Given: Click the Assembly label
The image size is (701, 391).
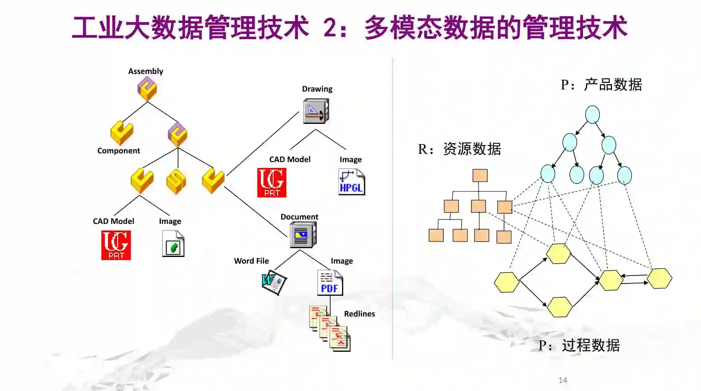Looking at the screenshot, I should point(145,71).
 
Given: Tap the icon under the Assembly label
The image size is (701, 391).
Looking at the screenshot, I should point(147,89).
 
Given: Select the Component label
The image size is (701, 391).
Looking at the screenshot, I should point(119,151).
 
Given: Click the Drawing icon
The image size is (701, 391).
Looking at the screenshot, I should point(316,111).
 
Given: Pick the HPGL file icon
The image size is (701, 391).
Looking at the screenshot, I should point(352,182).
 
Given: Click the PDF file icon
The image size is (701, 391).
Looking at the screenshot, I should point(330,283).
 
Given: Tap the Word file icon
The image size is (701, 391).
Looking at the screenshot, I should point(274,282).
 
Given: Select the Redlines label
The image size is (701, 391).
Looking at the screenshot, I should point(359,314).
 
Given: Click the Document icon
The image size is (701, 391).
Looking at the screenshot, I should point(303,235).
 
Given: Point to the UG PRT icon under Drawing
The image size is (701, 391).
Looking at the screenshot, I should point(272,182).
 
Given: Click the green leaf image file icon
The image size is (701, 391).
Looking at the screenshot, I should point(173,244).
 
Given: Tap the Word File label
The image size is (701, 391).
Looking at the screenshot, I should point(251,261).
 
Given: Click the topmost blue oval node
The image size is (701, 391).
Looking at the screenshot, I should point(592,115).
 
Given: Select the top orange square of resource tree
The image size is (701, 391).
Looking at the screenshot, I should point(480,175).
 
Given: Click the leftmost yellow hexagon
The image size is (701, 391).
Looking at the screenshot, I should point(506,282).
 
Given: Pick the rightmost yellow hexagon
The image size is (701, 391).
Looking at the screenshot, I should point(660,278).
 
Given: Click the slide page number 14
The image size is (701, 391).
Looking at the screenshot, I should point(563,380).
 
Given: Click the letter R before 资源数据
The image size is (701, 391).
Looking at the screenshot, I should point(423,149).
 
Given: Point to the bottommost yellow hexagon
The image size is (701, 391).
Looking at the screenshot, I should point(560,307).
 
